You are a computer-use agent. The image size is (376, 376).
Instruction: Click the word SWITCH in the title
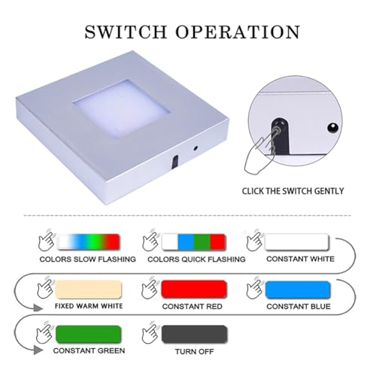pos(126,32)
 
